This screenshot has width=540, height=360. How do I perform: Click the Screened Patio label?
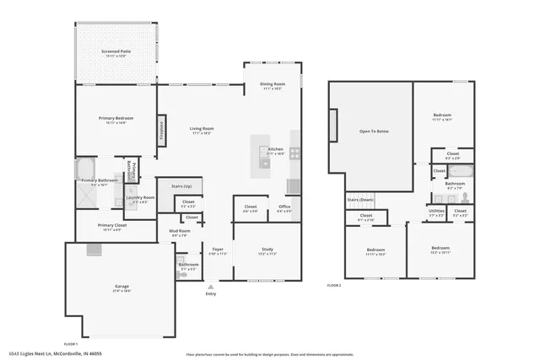(x=116, y=52)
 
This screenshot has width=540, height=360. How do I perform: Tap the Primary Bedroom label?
(x=116, y=119)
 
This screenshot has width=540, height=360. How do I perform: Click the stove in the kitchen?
(x=294, y=153)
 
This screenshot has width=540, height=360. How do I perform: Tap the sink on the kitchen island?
(x=265, y=164)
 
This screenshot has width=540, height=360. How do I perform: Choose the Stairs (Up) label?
(x=181, y=185)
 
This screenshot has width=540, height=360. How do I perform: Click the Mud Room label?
(x=181, y=231)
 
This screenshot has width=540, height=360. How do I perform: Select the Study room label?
(x=267, y=250)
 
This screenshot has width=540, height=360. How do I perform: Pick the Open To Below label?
(x=374, y=132)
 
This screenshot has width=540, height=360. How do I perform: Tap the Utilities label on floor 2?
(x=436, y=211)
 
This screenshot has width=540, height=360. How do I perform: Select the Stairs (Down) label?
(x=359, y=200)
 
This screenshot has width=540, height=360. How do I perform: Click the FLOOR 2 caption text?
(x=334, y=286)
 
